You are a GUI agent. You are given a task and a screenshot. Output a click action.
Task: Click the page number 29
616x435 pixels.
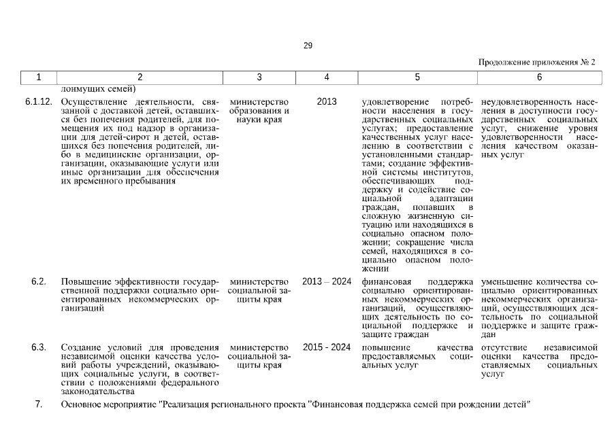(x=308, y=46)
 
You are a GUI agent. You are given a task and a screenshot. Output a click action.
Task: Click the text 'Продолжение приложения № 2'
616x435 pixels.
(x=536, y=62)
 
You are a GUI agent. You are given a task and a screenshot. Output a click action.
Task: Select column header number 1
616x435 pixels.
(x=39, y=77)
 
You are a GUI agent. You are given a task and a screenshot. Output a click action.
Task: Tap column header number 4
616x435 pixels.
(x=327, y=77)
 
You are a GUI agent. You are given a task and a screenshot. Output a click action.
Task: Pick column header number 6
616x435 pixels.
(x=539, y=77)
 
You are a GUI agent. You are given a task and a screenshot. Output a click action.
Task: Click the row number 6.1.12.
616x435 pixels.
(x=38, y=102)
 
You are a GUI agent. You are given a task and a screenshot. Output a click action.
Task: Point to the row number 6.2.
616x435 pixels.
(x=39, y=281)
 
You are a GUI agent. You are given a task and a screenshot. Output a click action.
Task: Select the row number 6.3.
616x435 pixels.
(x=39, y=347)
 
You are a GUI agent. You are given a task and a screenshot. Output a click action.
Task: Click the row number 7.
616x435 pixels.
(x=39, y=405)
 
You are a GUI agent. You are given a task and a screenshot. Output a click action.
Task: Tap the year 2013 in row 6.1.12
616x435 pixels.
(x=327, y=102)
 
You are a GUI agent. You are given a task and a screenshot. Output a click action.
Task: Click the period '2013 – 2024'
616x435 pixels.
(x=327, y=281)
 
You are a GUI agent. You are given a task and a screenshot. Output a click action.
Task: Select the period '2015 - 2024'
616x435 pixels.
(x=327, y=347)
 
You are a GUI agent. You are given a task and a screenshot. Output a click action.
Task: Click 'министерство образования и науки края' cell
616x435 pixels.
(x=259, y=111)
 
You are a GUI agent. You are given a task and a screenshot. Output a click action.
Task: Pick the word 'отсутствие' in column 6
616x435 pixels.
(x=502, y=347)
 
